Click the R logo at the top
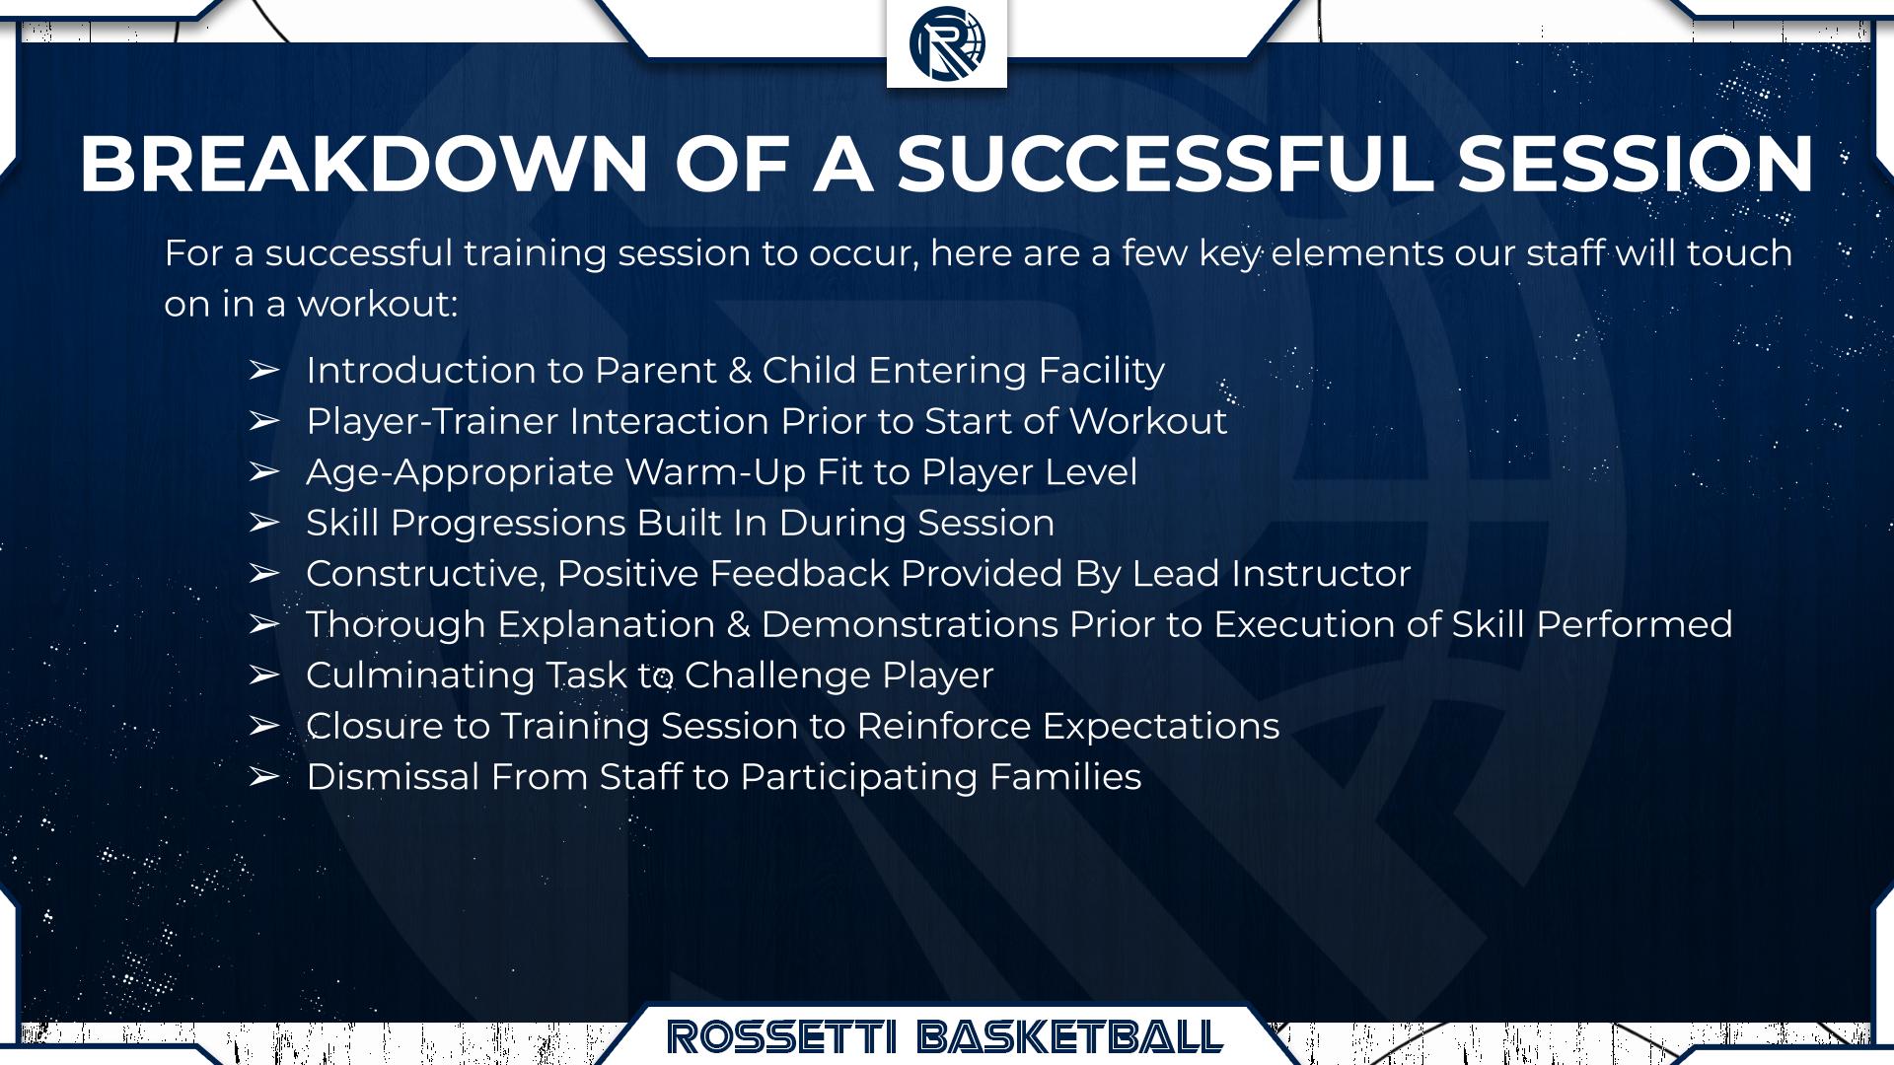[947, 42]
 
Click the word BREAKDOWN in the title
[364, 164]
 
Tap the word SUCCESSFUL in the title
[1164, 164]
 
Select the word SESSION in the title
[1636, 164]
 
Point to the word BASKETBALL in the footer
[1070, 1037]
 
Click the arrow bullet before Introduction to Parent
[263, 371]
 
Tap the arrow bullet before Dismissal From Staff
[263, 777]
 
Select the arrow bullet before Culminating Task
[263, 675]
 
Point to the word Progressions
[508, 524]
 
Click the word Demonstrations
[910, 625]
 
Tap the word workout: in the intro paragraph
[377, 304]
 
